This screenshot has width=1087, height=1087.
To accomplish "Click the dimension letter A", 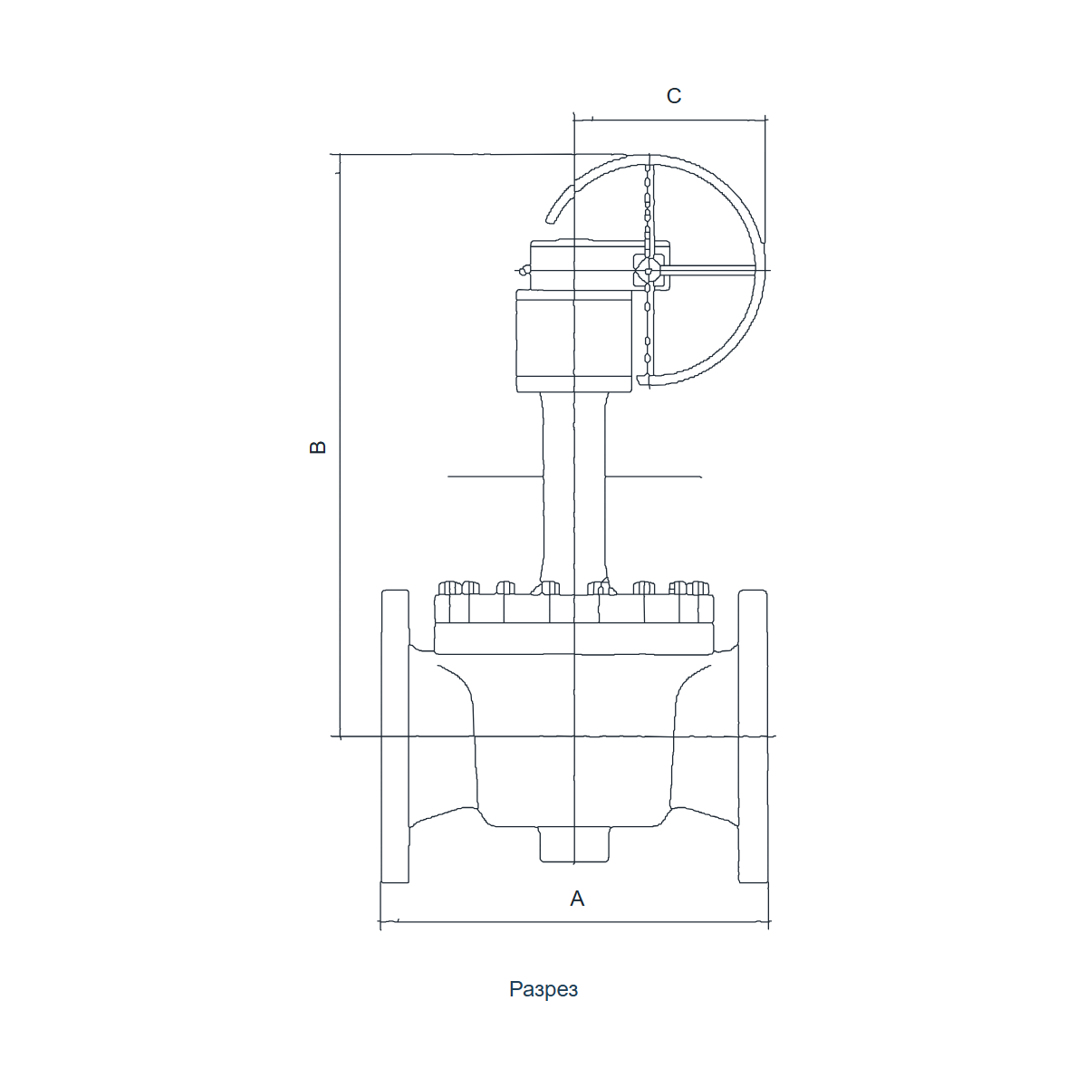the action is [x=576, y=899].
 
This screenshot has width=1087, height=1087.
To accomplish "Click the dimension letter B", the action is [x=318, y=447].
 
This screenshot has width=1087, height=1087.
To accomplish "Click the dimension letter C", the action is [x=674, y=96].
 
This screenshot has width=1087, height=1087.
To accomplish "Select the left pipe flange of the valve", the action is [x=395, y=736].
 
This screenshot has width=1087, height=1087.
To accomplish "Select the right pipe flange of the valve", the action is [x=753, y=736].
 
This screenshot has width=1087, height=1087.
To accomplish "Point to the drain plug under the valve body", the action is [x=574, y=844].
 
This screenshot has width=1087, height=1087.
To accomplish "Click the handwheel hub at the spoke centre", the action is [x=649, y=272].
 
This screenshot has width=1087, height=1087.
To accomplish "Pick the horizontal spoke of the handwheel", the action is [x=709, y=270].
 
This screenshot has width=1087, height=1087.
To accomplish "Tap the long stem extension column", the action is [x=573, y=488].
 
